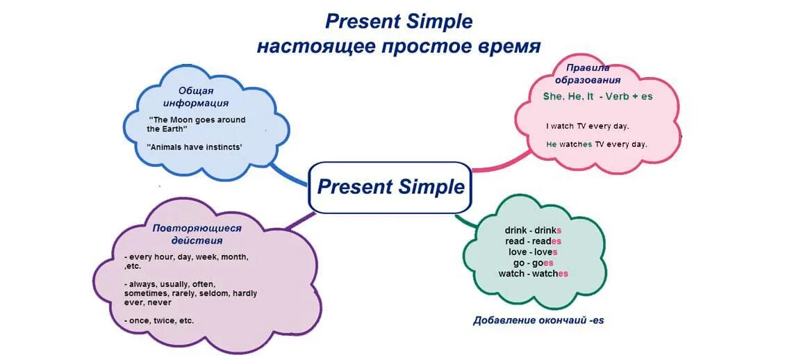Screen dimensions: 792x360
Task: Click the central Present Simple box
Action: coord(390,187)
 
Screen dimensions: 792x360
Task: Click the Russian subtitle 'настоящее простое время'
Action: coord(399,47)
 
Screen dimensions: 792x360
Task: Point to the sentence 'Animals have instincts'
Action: coord(195,147)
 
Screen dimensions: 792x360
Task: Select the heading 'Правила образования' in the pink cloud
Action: coord(587,74)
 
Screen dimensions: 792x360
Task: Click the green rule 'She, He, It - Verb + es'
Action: coord(597,97)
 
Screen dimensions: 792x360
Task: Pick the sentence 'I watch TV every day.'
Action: coord(587,126)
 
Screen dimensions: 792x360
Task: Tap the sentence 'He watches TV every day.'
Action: coord(596,145)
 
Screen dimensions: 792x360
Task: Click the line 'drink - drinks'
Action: coord(533,230)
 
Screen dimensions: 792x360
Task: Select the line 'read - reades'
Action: coord(533,241)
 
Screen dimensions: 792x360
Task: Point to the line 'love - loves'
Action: coord(533,252)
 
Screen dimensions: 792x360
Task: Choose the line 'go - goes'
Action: coord(533,263)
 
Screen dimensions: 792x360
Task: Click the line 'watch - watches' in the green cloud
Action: coord(533,274)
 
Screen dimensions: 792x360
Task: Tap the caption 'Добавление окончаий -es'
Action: coord(538,320)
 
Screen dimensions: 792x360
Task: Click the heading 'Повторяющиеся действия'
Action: coord(197,234)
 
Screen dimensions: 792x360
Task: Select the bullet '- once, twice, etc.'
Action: coord(160,320)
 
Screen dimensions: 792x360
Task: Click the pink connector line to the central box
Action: coord(495,167)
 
